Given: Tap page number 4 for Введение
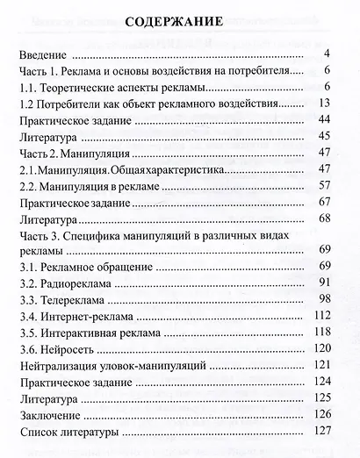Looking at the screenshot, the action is point(326,54).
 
